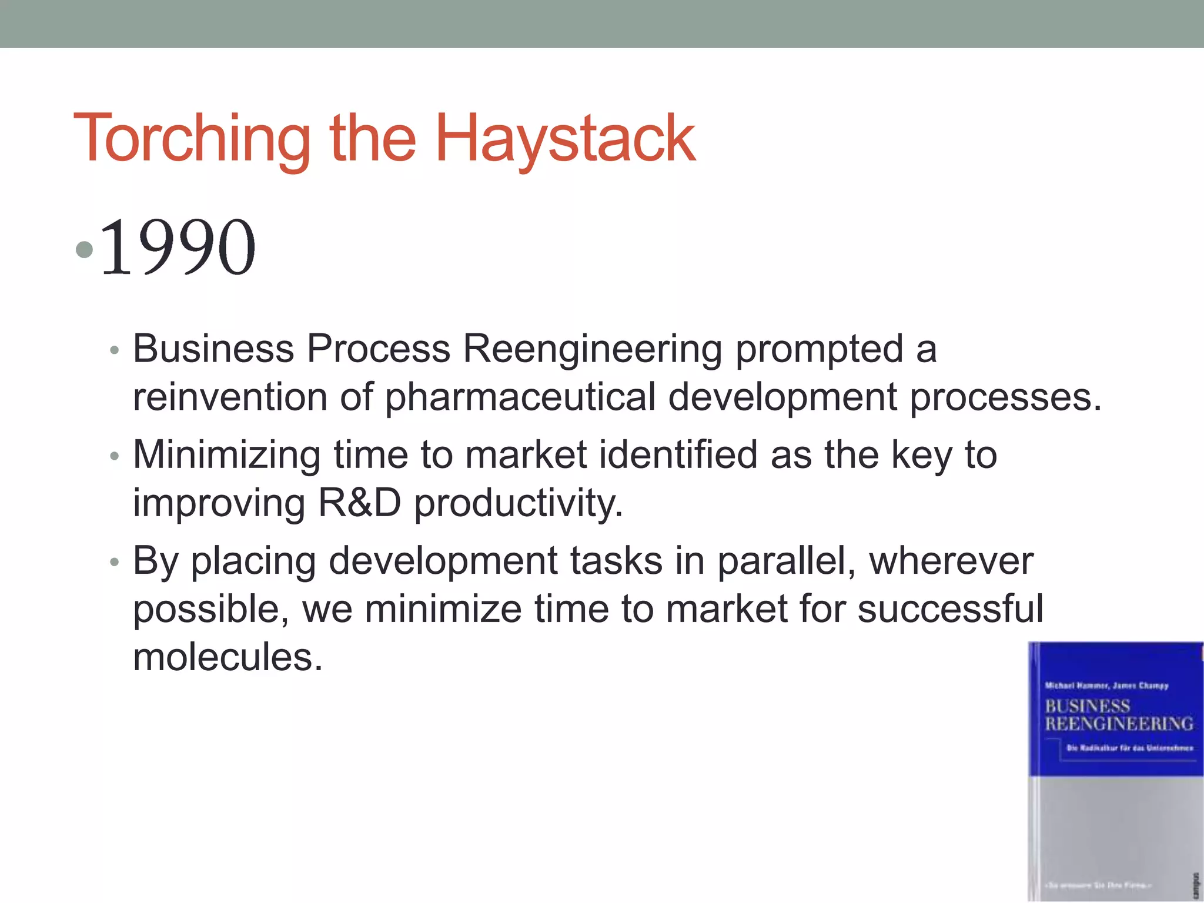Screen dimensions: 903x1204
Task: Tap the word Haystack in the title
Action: tap(565, 139)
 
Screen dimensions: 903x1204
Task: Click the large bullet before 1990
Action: tap(85, 249)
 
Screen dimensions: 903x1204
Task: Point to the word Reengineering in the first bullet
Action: tap(592, 349)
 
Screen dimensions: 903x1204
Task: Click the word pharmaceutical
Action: tap(520, 397)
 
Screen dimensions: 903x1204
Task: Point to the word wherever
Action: tap(951, 561)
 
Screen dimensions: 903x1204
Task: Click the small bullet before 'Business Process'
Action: tap(115, 351)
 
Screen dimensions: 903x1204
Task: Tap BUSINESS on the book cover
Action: tap(1088, 705)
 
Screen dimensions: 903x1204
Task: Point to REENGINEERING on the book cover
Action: tap(1119, 724)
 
